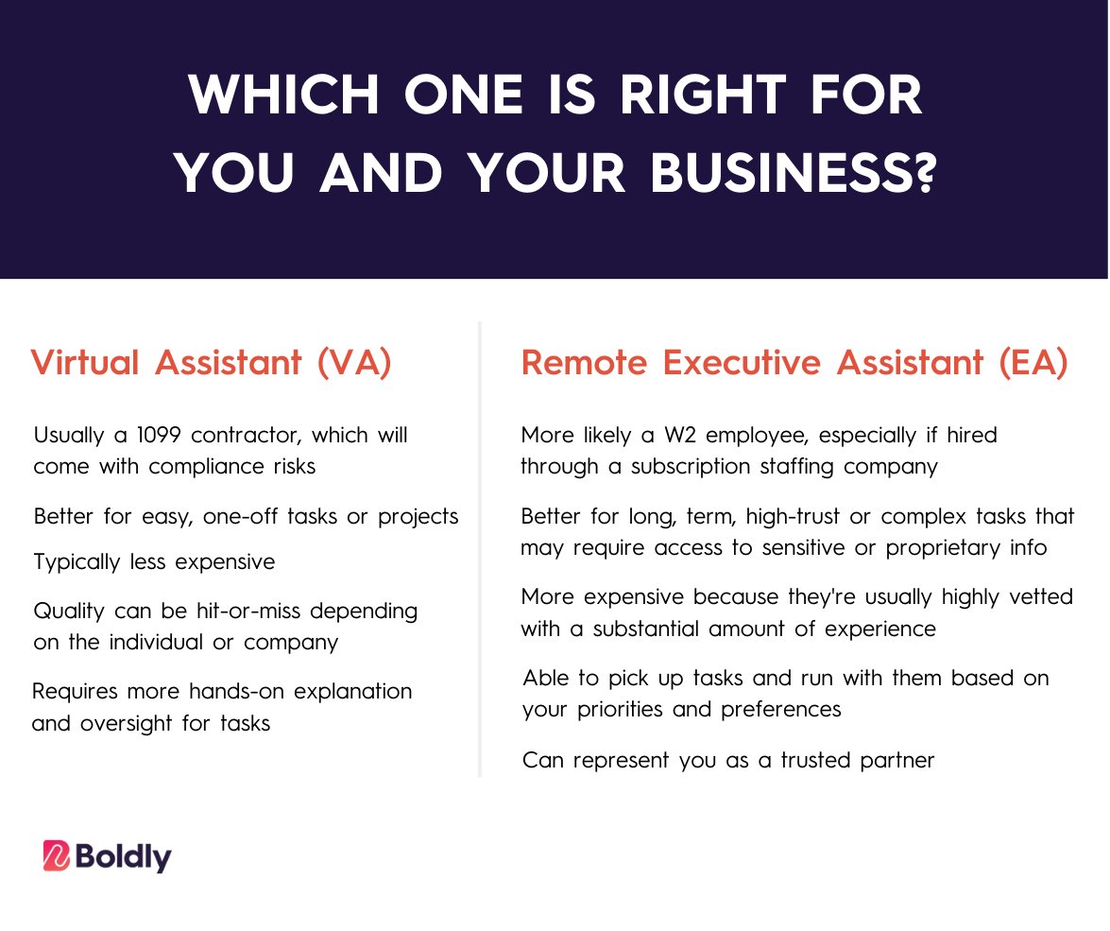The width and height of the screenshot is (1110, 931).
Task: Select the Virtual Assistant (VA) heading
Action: (x=212, y=363)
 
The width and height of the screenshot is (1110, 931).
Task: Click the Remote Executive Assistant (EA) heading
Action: (x=794, y=363)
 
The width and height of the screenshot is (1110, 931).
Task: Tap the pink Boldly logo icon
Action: (x=57, y=856)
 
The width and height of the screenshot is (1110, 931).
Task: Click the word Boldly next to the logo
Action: (x=124, y=856)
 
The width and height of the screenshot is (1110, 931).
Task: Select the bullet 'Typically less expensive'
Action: (x=154, y=562)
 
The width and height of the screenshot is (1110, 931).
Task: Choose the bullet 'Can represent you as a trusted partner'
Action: (x=728, y=760)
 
